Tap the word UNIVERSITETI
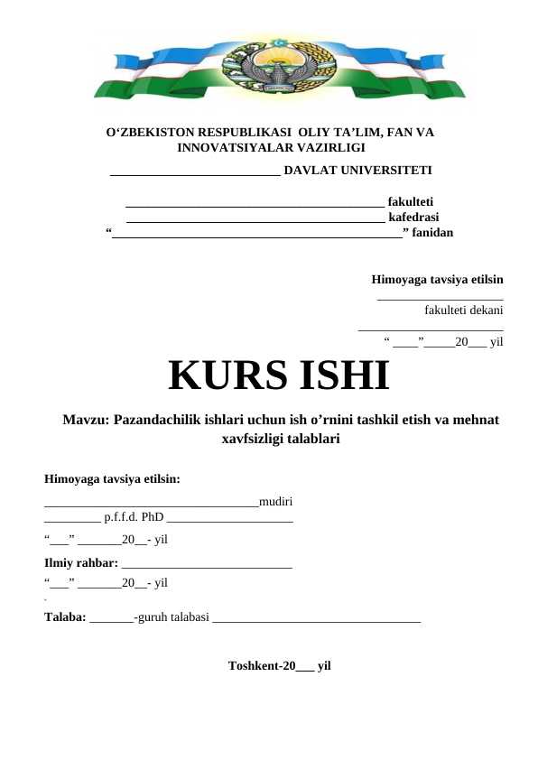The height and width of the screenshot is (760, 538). tap(387, 170)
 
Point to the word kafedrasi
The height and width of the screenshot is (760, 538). tap(413, 218)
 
